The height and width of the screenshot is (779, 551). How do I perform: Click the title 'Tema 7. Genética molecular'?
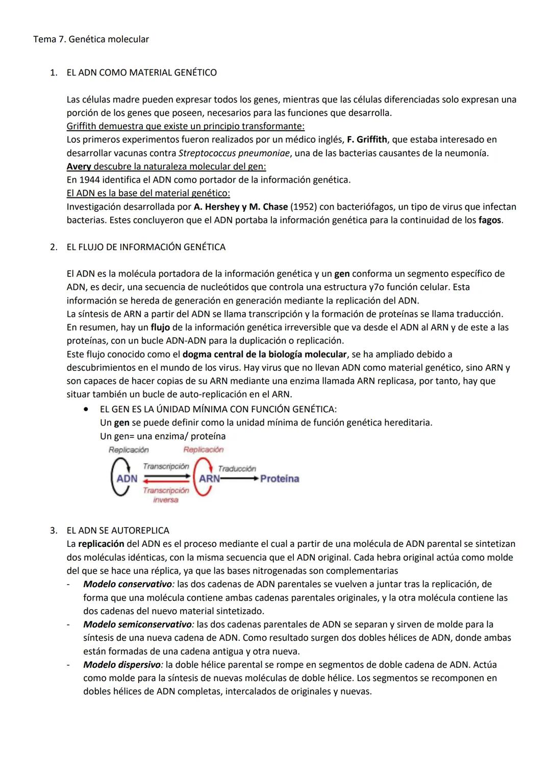(x=91, y=39)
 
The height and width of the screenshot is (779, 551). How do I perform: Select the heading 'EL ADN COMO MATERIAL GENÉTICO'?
(x=141, y=72)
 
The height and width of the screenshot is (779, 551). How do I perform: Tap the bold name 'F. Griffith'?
(x=366, y=139)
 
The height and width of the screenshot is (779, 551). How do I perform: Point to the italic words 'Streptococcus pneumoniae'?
(x=234, y=153)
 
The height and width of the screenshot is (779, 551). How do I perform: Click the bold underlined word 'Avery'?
(x=79, y=166)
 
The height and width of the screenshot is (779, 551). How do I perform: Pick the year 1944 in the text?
(x=89, y=180)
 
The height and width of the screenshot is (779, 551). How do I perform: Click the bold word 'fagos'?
(x=489, y=220)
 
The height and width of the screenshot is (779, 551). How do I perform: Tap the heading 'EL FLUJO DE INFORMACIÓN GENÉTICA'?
(x=146, y=247)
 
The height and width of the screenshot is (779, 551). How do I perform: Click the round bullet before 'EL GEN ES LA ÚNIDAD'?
(x=90, y=409)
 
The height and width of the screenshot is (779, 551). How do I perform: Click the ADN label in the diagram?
(x=127, y=479)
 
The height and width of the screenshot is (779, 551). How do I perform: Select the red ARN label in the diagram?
(x=209, y=479)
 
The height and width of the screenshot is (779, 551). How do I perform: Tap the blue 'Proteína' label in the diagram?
(x=279, y=479)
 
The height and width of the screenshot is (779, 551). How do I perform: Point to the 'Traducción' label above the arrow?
(x=237, y=468)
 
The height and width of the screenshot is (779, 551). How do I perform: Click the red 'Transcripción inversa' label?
(x=166, y=495)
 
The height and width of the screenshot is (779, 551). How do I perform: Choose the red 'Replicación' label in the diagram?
(x=203, y=449)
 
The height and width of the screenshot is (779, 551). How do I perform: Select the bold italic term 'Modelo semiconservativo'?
(x=138, y=624)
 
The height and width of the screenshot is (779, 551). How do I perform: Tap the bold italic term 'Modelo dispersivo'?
(x=122, y=665)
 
